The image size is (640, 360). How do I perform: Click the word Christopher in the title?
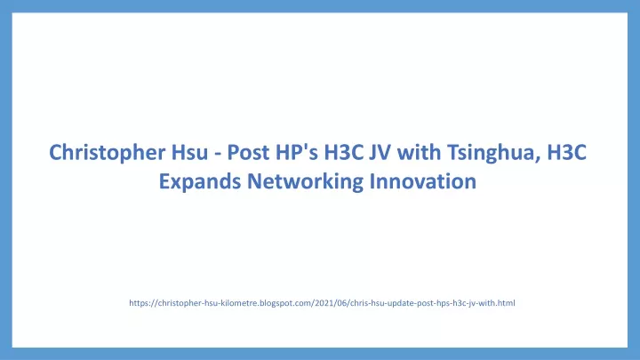tap(107, 153)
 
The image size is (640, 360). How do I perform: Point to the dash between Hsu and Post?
tap(218, 155)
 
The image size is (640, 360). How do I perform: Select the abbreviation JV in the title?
tap(380, 152)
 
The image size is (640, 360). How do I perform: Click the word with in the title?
tap(419, 152)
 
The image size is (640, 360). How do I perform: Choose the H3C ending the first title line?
tap(566, 152)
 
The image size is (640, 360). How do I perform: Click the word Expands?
tap(200, 181)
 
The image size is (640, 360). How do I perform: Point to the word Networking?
tap(305, 181)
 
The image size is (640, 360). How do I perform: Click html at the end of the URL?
tap(506, 303)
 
